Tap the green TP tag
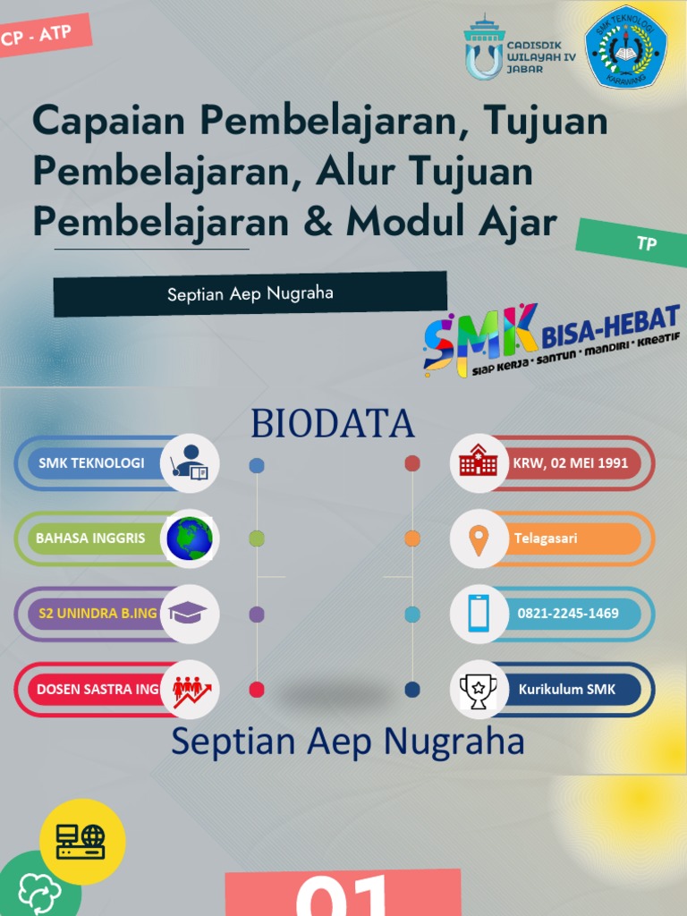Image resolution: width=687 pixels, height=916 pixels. (645, 243)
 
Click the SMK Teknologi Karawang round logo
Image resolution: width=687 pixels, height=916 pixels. (625, 47)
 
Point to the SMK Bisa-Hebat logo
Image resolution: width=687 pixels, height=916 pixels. (551, 339)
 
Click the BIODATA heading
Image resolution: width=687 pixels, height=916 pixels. (333, 424)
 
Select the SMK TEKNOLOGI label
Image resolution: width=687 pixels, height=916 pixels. (91, 463)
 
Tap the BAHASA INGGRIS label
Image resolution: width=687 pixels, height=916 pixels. (90, 539)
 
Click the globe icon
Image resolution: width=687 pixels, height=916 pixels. (190, 539)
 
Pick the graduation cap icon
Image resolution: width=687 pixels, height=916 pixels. (189, 613)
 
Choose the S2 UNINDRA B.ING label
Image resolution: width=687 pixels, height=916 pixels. (98, 614)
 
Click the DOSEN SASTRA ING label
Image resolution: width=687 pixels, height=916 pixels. (98, 690)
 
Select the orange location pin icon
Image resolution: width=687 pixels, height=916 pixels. (479, 539)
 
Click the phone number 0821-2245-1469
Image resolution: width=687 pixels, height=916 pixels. (568, 614)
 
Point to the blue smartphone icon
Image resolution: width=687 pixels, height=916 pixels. (479, 614)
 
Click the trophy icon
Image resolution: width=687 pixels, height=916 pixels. (479, 690)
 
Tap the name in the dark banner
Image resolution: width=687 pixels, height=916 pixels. (250, 293)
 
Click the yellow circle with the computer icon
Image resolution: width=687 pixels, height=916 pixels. (82, 841)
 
